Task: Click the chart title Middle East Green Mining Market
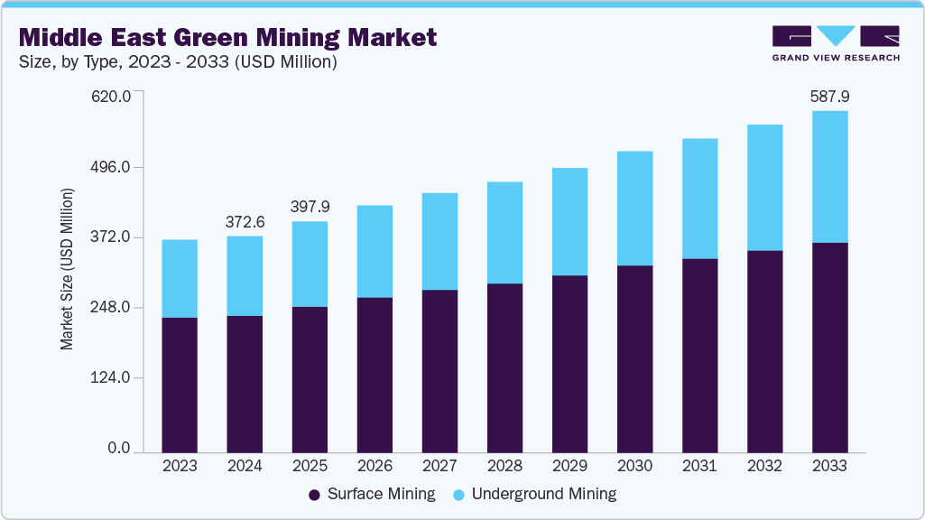(227, 37)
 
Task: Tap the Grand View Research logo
(836, 43)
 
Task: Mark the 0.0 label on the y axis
(119, 449)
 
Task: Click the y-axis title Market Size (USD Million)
(67, 269)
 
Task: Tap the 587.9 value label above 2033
(829, 95)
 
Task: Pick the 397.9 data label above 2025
(310, 206)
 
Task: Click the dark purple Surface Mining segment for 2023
(180, 384)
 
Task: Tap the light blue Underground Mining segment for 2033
(829, 176)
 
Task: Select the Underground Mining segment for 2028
(504, 232)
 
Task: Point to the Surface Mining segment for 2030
(634, 358)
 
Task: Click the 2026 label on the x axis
(375, 466)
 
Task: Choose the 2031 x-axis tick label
(699, 466)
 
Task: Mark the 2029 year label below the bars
(569, 466)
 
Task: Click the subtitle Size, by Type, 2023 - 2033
(178, 61)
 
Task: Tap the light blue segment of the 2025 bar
(310, 264)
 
